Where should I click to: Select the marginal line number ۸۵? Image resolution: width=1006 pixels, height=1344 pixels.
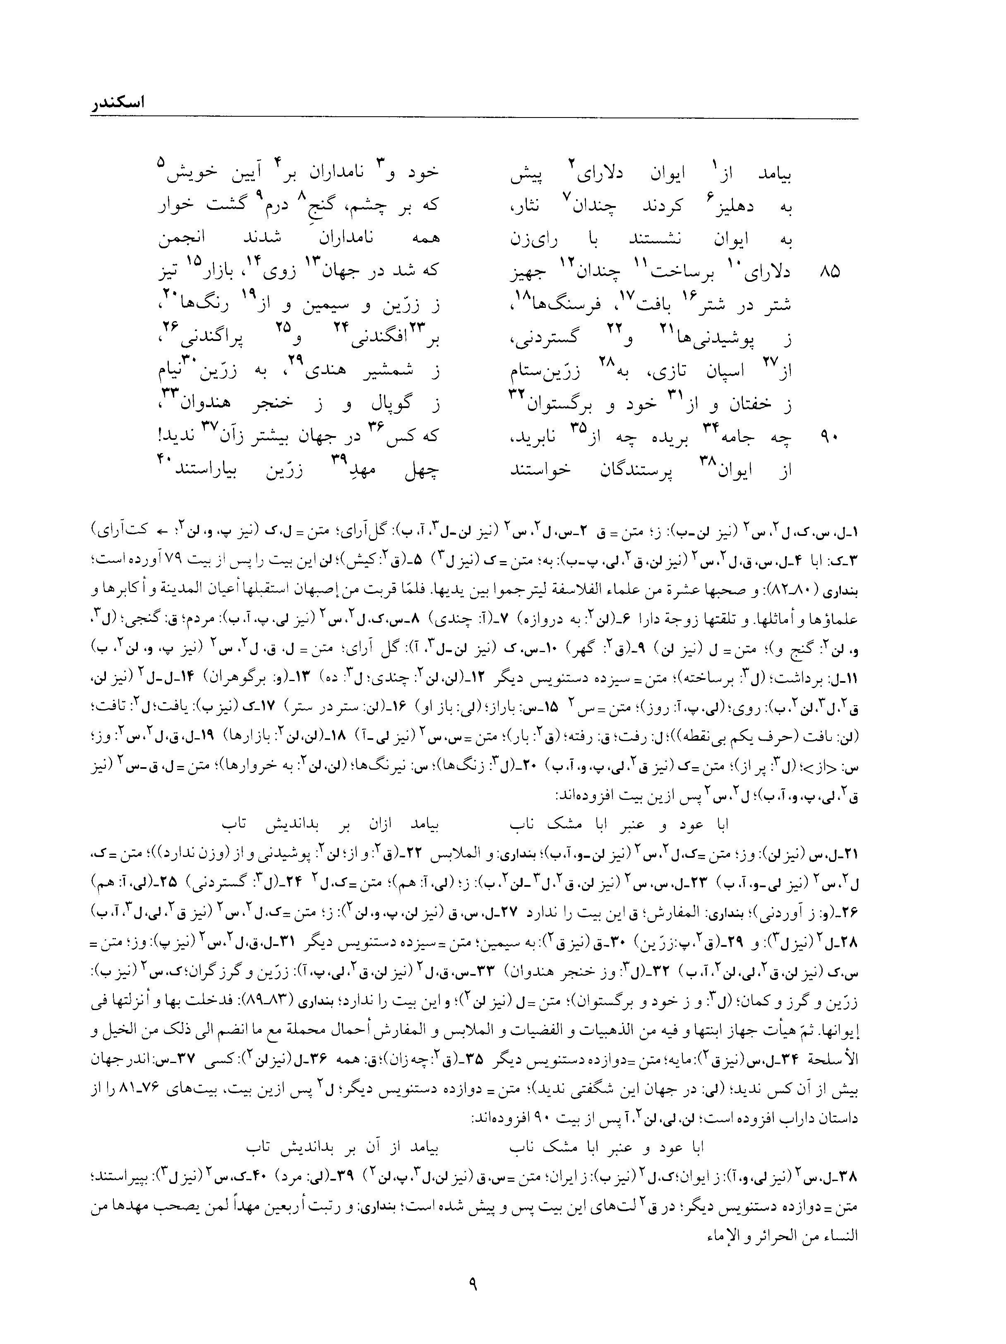(x=830, y=273)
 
